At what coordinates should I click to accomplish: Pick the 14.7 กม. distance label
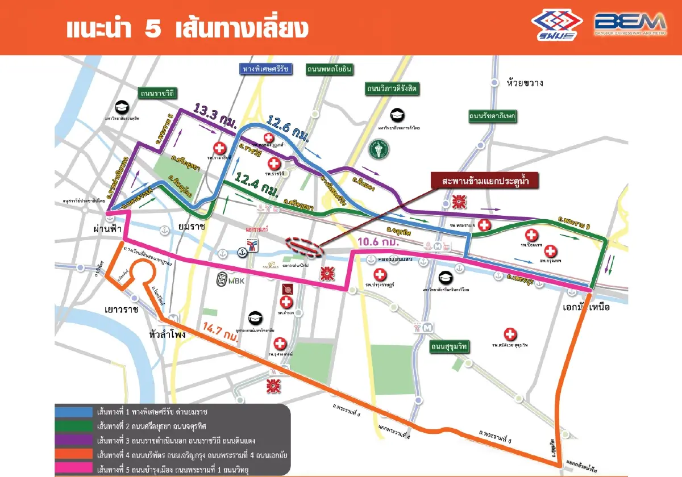[221, 330]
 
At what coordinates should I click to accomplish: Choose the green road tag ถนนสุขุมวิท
[450, 346]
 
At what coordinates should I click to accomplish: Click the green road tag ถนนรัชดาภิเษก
[492, 116]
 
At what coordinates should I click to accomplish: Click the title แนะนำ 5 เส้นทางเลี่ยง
[187, 29]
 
